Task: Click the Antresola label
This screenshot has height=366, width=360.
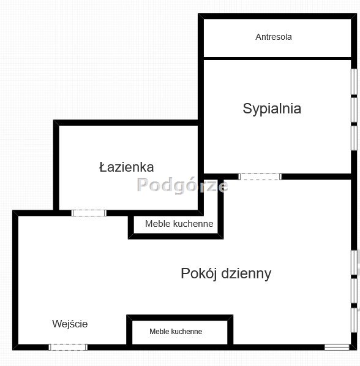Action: pos(274,37)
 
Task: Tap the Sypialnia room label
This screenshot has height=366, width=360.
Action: pos(272,109)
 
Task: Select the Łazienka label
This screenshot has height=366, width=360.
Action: pos(126,167)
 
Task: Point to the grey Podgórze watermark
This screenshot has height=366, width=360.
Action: pos(182,185)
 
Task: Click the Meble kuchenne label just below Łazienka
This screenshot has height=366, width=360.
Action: pos(179,224)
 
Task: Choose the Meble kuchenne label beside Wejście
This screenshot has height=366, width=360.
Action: pos(176,332)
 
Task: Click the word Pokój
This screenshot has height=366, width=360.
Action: pos(200,273)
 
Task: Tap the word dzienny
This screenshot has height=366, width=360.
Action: pos(246,273)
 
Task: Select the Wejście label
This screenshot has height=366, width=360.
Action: pos(70,324)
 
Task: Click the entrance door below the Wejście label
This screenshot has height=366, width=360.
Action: pos(68,347)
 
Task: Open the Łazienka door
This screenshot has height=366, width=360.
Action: pos(89,213)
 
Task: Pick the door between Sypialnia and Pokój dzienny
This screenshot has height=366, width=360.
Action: pos(260,177)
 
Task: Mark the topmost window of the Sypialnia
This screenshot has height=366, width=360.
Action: pos(354,82)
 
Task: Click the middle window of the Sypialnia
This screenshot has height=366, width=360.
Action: pos(354,110)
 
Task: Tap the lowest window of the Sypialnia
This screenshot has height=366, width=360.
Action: pos(354,138)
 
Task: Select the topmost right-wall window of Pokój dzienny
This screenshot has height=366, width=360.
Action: pos(354,262)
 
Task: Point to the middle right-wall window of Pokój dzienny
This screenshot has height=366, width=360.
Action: pos(354,291)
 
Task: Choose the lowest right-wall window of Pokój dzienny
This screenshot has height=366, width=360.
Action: pos(354,320)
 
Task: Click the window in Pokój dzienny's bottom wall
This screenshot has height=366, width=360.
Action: pos(337,347)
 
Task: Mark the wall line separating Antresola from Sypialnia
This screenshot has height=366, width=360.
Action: pos(277,58)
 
